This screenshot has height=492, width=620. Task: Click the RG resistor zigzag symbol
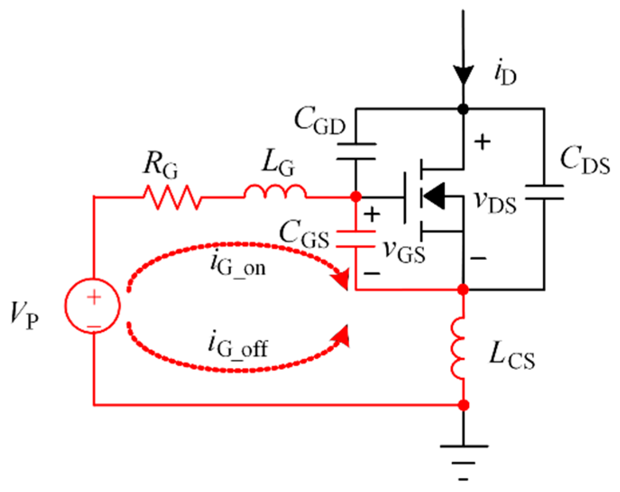pos(172,197)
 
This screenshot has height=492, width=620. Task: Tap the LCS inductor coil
pos(458,347)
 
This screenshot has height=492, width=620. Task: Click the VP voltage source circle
pos(93,306)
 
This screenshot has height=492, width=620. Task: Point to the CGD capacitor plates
pos(356,152)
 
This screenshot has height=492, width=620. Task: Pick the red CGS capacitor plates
pos(356,239)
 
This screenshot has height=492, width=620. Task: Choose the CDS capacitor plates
pos(544,192)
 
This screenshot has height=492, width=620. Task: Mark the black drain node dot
pos(463,109)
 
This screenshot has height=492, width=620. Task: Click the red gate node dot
pos(356,197)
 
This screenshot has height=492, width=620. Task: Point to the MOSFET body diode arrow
pos(435,196)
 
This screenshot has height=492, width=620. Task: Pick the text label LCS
pos(512,356)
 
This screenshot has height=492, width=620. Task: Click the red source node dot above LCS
pos(463,289)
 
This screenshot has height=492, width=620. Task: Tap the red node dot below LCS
pos(463,405)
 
